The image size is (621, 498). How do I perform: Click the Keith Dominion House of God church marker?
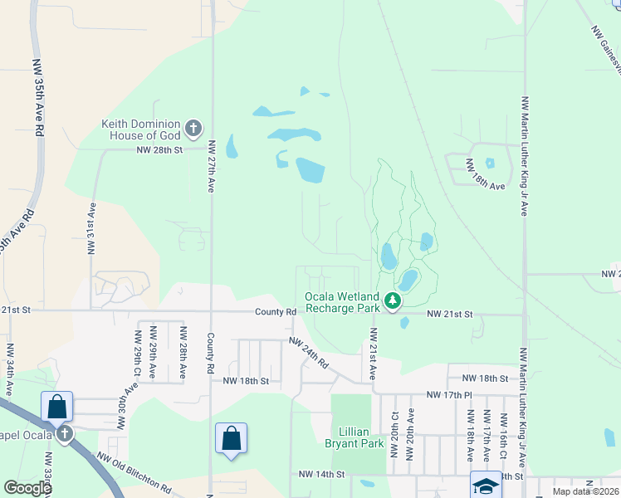[193, 128]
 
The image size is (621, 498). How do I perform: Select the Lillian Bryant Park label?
[361, 437]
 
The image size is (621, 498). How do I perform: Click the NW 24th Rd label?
[309, 352]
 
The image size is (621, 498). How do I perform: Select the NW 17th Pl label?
[449, 395]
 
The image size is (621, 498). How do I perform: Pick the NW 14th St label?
[321, 474]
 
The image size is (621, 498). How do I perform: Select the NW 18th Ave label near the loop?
[486, 176]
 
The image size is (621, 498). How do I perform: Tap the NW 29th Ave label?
[154, 359]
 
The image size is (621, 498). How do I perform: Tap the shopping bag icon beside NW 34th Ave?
[57, 407]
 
